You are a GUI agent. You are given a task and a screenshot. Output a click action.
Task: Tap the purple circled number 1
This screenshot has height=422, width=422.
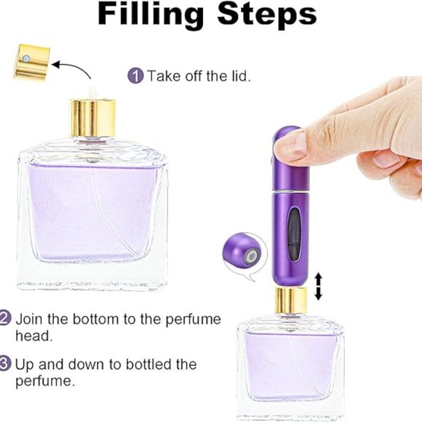(x=135, y=75)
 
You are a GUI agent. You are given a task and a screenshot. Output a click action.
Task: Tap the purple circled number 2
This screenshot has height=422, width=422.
(x=5, y=318)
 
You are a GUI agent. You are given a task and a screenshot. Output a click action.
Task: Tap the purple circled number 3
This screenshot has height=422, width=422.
(x=5, y=363)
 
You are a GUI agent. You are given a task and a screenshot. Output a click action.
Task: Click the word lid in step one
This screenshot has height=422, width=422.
(x=239, y=76)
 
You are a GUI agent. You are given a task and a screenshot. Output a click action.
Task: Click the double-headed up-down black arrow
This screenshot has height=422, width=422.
(x=318, y=286)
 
